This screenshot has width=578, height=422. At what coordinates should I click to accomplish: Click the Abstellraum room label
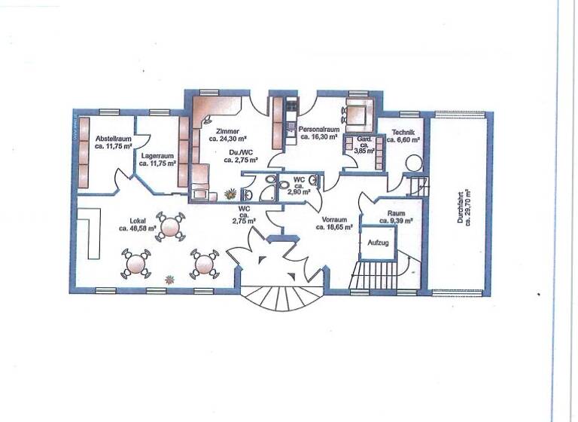(114, 139)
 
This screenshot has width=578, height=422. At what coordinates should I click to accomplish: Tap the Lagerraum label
(157, 154)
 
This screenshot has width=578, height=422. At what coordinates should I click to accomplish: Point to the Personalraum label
(321, 130)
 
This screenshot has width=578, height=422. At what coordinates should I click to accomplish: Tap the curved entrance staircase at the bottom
(282, 298)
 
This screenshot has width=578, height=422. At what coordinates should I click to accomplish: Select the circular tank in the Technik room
(412, 164)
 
